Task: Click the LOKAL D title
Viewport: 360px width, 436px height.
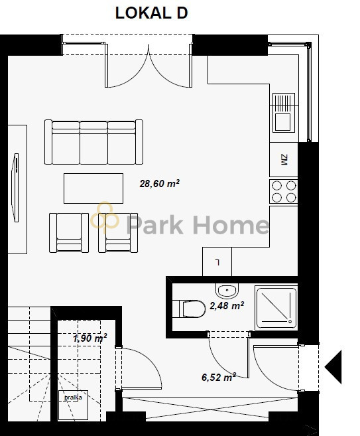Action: pos(151,13)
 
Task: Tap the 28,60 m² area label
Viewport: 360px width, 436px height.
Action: pos(159,184)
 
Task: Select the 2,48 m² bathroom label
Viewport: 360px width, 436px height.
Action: pos(227,305)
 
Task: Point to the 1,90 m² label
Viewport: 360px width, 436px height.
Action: pos(90,338)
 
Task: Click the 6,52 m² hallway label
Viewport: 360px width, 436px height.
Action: pos(219,378)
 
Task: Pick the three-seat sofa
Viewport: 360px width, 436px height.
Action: pos(94,142)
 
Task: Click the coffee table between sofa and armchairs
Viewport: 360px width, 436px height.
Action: pos(93,188)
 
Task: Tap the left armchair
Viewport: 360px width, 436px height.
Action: pos(69,233)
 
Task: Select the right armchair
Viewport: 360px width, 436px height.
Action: pos(118,233)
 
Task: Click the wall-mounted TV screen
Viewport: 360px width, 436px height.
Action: pos(15,188)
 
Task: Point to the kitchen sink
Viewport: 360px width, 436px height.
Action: pos(284,113)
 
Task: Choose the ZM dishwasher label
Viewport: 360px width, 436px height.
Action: pos(284,160)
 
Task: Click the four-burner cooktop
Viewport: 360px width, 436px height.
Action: pos(284,191)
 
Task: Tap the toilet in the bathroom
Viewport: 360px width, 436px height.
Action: pos(189,309)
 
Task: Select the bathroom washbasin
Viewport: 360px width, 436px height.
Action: pos(227,291)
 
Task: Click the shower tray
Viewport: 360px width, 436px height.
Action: pos(276,308)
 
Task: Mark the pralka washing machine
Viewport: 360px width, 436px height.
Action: pos(73,405)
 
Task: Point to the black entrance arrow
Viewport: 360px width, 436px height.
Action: pos(333,368)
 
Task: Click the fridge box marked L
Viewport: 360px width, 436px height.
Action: pos(217,262)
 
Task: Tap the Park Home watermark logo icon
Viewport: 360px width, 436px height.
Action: pos(105,217)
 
